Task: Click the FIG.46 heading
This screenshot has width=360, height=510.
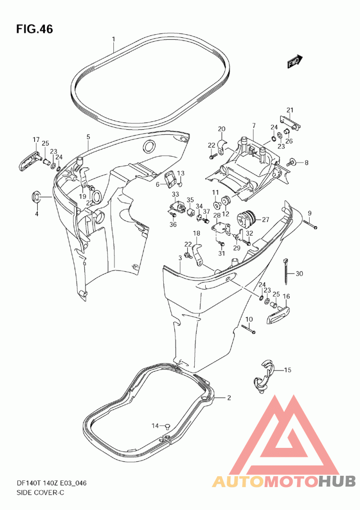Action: pos(35,29)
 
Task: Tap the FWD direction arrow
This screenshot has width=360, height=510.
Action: pos(295,61)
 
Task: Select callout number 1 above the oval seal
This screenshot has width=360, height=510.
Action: pos(113,39)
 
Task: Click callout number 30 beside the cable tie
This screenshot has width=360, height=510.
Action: pos(299,274)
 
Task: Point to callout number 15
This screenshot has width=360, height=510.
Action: pos(288,370)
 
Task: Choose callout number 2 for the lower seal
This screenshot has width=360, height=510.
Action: pos(229,397)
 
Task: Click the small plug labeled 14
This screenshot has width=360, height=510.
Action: pos(167,425)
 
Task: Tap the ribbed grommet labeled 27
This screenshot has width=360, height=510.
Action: pos(247,218)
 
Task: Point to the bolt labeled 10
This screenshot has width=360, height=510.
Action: pos(248,329)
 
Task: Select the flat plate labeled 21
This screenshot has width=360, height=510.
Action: pos(290,122)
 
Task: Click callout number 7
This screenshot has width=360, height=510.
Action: pos(254,126)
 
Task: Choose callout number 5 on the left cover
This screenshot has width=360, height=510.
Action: pos(88,137)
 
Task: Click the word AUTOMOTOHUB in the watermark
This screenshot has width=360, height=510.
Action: pos(284,481)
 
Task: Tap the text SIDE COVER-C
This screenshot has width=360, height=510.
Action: pos(40,492)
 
